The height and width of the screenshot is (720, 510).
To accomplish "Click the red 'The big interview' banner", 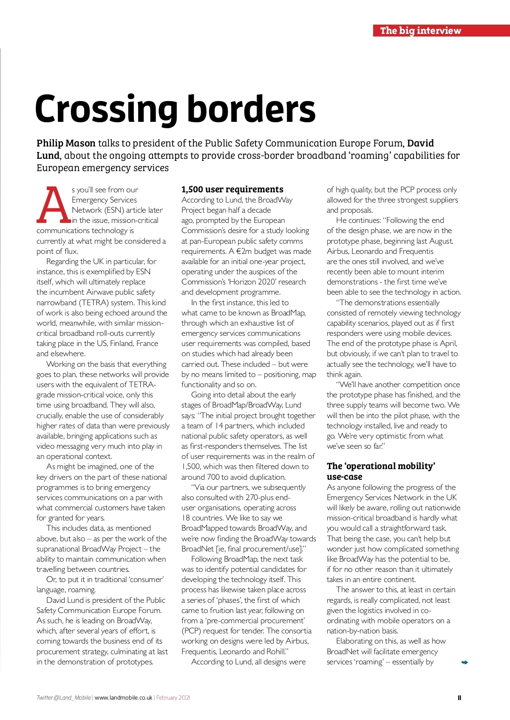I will tap(441, 31).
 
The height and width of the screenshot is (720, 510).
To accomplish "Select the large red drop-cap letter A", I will tap(53, 205).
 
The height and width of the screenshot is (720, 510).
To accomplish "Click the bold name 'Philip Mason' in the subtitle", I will tap(66, 143).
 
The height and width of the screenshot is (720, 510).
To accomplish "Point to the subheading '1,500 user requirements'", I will tap(232, 189).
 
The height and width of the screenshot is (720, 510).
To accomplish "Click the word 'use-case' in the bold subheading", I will tap(344, 477).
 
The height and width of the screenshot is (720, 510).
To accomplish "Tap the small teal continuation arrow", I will tap(465, 662).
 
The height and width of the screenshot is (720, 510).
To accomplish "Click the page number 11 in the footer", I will tap(459, 697).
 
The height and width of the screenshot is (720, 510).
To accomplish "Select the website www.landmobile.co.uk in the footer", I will tap(123, 698).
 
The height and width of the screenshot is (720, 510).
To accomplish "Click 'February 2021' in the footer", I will tap(173, 698).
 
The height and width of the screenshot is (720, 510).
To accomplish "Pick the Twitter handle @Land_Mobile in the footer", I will tap(64, 698).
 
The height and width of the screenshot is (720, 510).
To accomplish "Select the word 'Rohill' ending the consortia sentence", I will tap(275, 652).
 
